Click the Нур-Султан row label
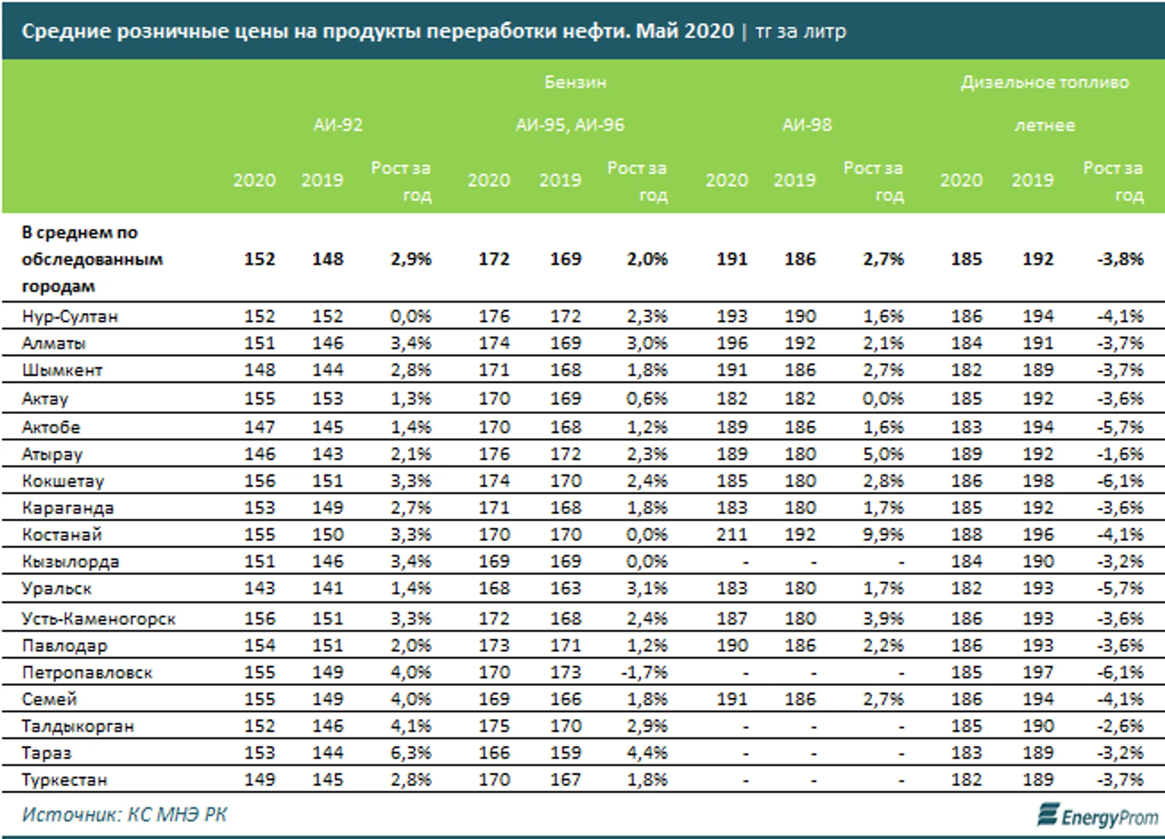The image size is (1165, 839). pyautogui.click(x=70, y=316)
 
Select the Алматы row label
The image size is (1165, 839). pyautogui.click(x=54, y=343)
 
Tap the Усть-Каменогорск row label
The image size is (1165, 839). pyautogui.click(x=99, y=618)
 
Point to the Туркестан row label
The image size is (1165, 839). pyautogui.click(x=65, y=780)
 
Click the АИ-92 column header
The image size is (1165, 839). pyautogui.click(x=338, y=125)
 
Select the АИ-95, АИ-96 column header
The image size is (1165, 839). pyautogui.click(x=570, y=125)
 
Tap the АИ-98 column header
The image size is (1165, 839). pyautogui.click(x=807, y=125)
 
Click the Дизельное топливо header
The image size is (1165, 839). pyautogui.click(x=1045, y=82)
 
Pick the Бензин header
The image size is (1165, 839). pyautogui.click(x=575, y=82)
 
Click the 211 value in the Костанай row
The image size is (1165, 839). pyautogui.click(x=732, y=534)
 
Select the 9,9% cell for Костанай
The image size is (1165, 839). pyautogui.click(x=883, y=534)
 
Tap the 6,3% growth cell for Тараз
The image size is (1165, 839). pyautogui.click(x=411, y=753)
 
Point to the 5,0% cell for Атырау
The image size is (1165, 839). pyautogui.click(x=883, y=454)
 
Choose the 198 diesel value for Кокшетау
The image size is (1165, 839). pyautogui.click(x=1038, y=481)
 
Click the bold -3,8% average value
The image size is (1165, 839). pyautogui.click(x=1120, y=259)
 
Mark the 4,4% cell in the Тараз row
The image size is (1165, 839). pyautogui.click(x=647, y=753)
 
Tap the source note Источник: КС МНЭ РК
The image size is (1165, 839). pyautogui.click(x=124, y=815)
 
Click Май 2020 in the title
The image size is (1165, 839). pyautogui.click(x=685, y=31)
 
